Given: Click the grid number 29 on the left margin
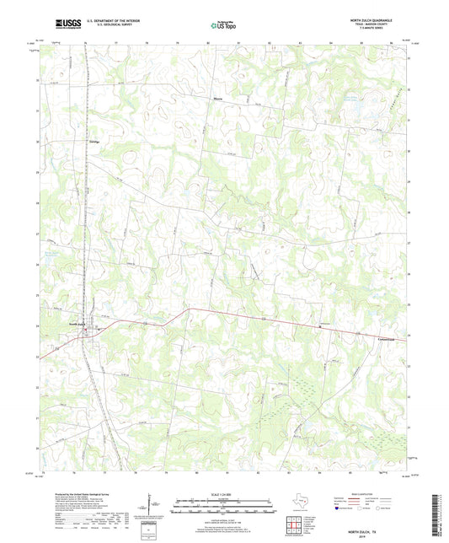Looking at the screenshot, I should coord(37,203).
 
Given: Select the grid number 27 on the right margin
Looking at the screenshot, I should coord(409,243).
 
